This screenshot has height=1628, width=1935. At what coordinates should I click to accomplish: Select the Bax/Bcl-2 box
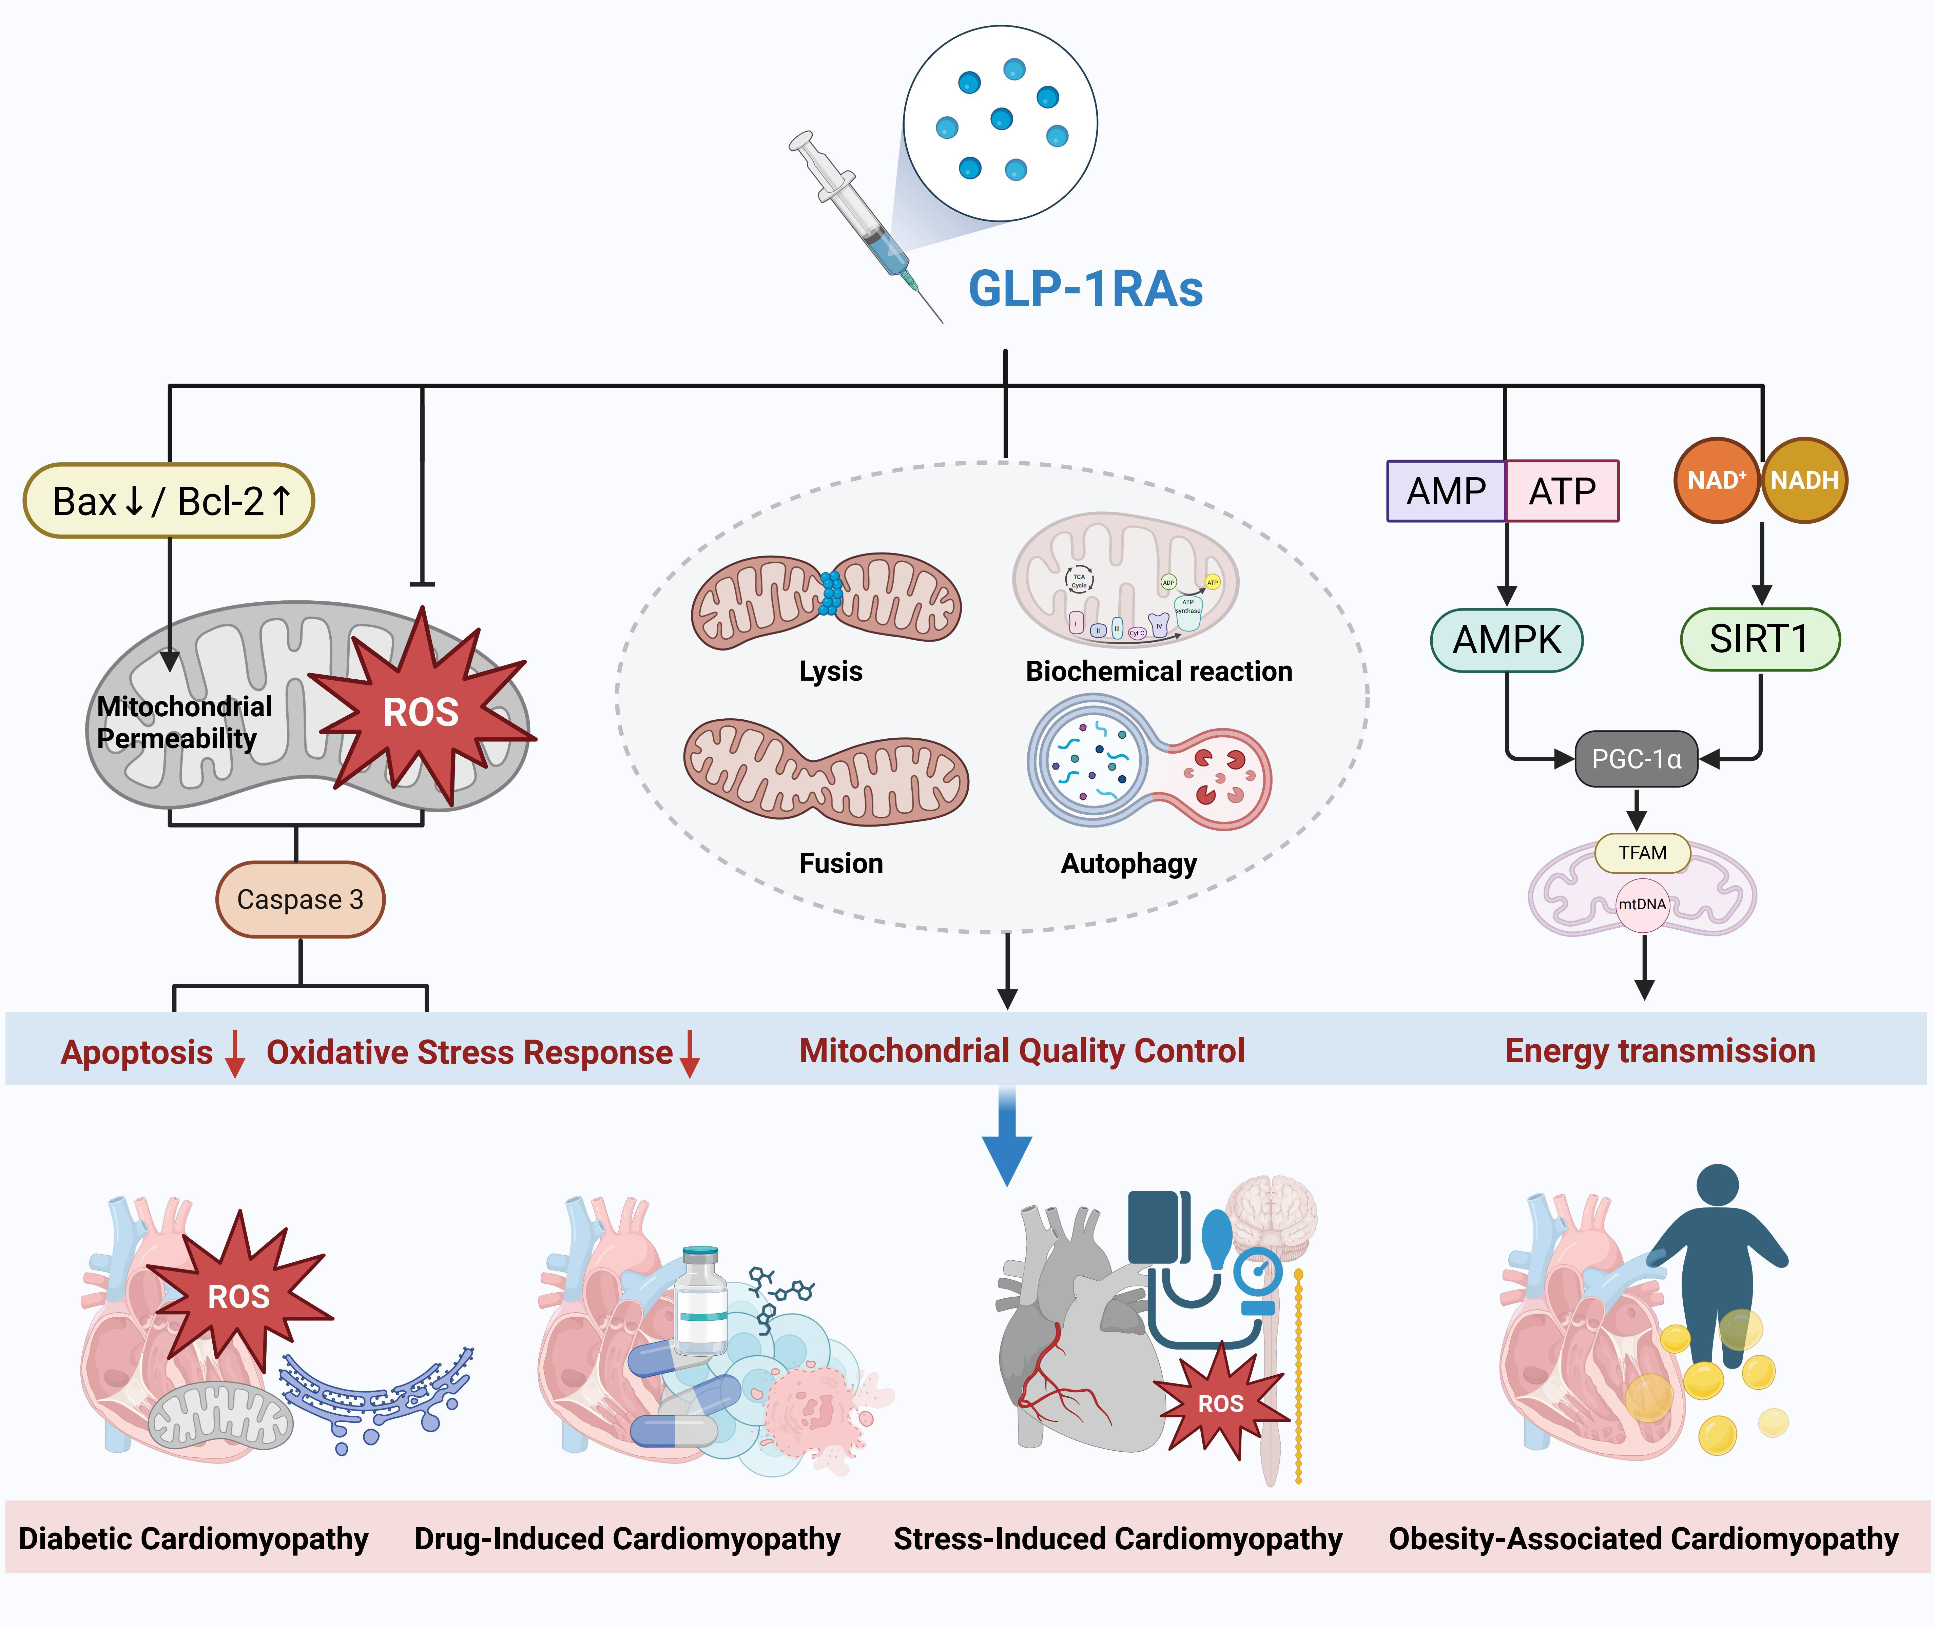coord(169,501)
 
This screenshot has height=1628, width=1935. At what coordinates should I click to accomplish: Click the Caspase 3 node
coord(300,900)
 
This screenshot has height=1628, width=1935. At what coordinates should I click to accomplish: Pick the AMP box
coord(1446,491)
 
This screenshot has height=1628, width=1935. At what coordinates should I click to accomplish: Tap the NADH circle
coord(1804,480)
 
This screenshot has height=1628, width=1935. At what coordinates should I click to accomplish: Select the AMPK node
coord(1506,640)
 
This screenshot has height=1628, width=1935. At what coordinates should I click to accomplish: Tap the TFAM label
coord(1643,853)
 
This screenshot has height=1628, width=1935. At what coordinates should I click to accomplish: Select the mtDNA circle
coord(1643,905)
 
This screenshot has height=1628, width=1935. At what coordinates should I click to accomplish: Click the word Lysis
coord(830,671)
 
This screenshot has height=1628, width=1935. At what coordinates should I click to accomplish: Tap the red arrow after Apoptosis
coord(235,1054)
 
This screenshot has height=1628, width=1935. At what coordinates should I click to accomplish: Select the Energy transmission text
coord(1659,1051)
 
